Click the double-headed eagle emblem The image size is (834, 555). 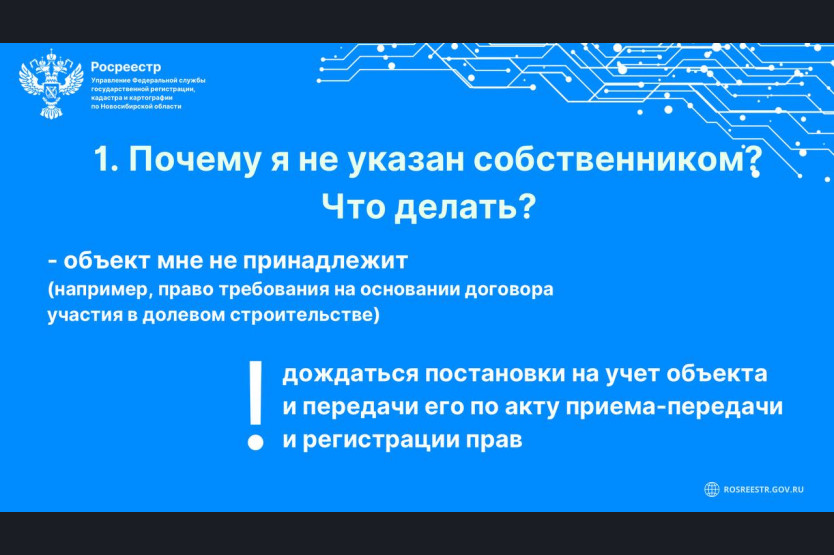pyautogui.click(x=51, y=84)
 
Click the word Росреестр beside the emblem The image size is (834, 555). pyautogui.click(x=126, y=67)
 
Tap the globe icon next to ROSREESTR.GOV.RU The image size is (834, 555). pyautogui.click(x=712, y=489)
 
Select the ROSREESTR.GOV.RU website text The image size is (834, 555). pyautogui.click(x=764, y=490)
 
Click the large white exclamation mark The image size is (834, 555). pyautogui.click(x=256, y=406)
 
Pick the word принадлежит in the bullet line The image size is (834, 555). pyautogui.click(x=326, y=261)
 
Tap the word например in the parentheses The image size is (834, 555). pyautogui.click(x=102, y=290)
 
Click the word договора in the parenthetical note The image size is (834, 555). pyautogui.click(x=509, y=289)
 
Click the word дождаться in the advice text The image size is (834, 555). pyautogui.click(x=351, y=375)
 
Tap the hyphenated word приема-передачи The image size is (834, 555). pyautogui.click(x=674, y=408)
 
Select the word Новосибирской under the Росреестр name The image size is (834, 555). pyautogui.click(x=126, y=106)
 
